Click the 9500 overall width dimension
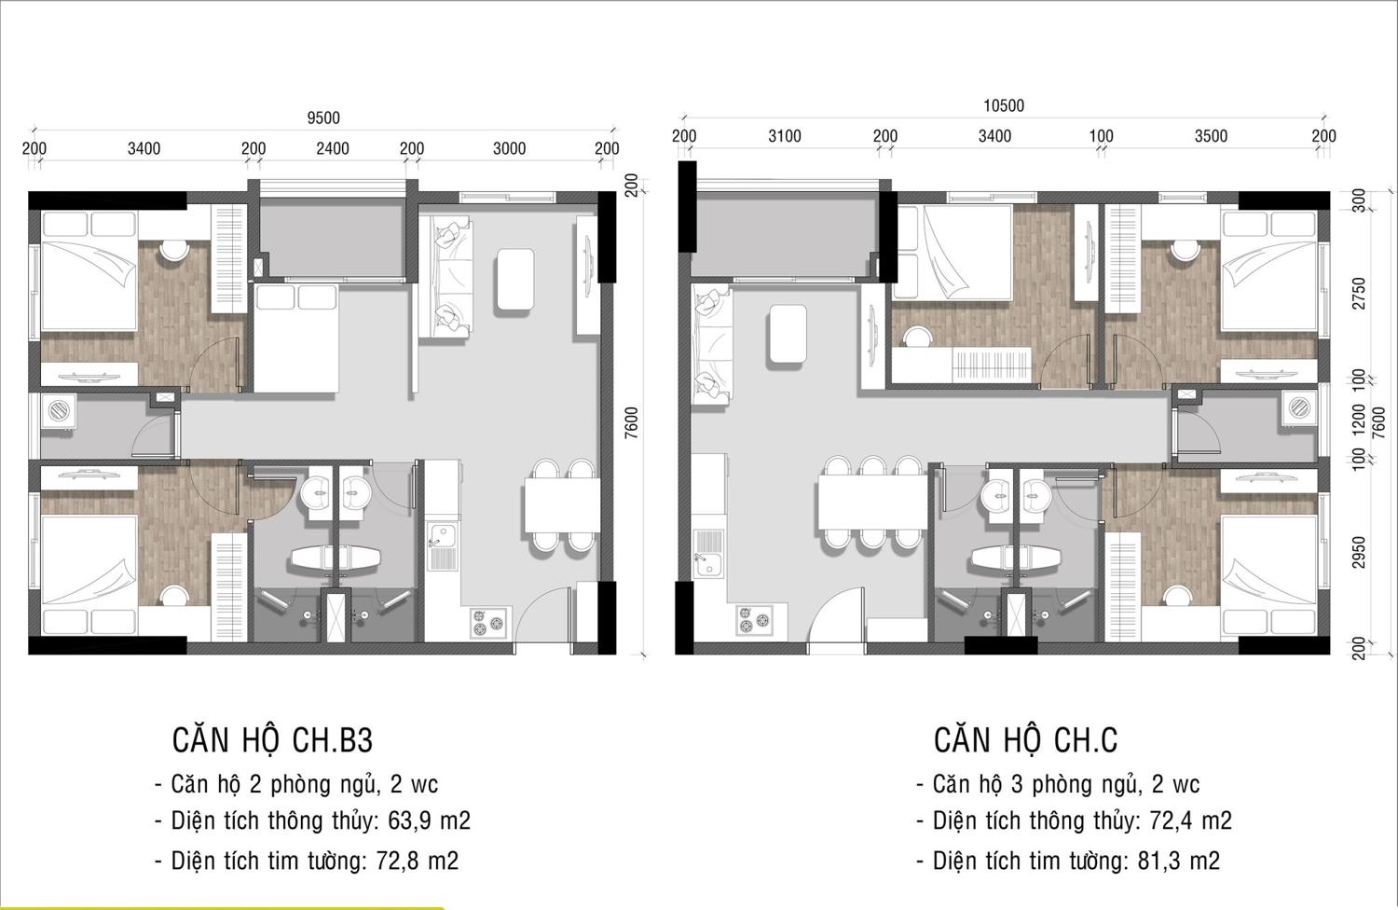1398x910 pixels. pyautogui.click(x=323, y=117)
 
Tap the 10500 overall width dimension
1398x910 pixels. pyautogui.click(x=1004, y=105)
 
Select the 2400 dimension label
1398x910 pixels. pyautogui.click(x=333, y=148)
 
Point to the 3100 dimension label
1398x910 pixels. pyautogui.click(x=785, y=136)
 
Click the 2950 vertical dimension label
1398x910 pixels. pyautogui.click(x=1359, y=552)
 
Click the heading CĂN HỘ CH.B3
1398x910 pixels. pyautogui.click(x=272, y=740)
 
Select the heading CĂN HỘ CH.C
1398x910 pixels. pyautogui.click(x=1025, y=740)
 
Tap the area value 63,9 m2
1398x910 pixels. pyautogui.click(x=430, y=820)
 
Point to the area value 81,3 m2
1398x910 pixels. pyautogui.click(x=1179, y=861)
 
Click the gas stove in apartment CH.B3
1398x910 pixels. pyautogui.click(x=488, y=623)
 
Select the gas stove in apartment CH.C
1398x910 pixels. pyautogui.click(x=754, y=620)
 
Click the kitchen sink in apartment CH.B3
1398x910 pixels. pyautogui.click(x=443, y=546)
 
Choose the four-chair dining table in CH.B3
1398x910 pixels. pyautogui.click(x=562, y=505)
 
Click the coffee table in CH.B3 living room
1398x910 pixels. pyautogui.click(x=514, y=279)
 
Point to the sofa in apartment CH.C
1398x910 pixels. pyautogui.click(x=711, y=345)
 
